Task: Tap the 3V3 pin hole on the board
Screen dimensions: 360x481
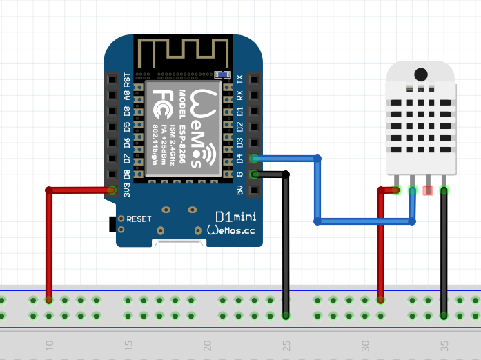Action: (112, 190)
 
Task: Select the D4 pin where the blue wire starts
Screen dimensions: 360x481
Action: (255, 159)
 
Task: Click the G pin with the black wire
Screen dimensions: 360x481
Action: (255, 174)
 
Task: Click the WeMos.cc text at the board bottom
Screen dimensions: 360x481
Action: (230, 231)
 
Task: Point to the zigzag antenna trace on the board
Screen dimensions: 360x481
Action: (183, 54)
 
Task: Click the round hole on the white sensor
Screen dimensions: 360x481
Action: (420, 73)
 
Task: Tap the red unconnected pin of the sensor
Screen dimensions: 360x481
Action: (428, 190)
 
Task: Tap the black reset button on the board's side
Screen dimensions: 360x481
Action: (112, 223)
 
